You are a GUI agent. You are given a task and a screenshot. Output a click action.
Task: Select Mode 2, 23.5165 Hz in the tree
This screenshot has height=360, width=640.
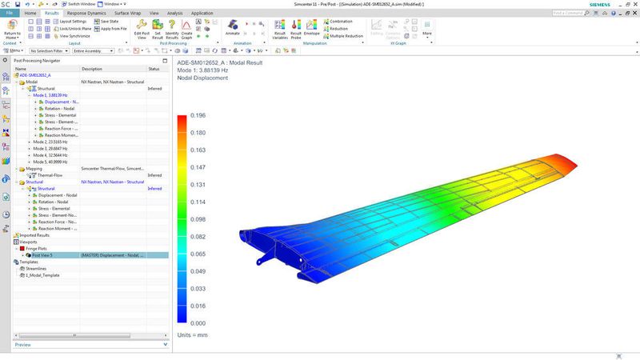click(x=53, y=142)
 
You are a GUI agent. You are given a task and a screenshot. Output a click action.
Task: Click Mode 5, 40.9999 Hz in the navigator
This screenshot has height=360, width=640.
click(x=53, y=162)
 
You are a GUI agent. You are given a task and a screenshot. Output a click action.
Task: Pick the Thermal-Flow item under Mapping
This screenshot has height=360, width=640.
click(x=51, y=175)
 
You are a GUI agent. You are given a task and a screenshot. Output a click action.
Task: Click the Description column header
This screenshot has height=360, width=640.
click(x=93, y=69)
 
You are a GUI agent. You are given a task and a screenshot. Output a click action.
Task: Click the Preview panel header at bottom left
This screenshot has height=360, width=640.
click(x=24, y=345)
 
